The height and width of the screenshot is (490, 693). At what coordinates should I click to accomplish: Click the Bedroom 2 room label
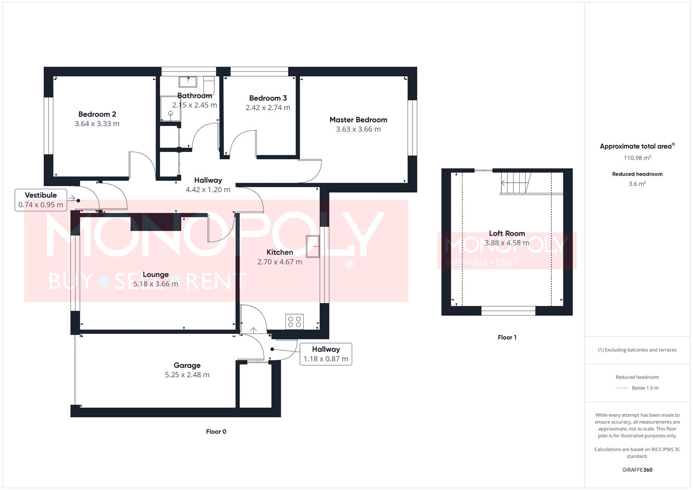pos(97,114)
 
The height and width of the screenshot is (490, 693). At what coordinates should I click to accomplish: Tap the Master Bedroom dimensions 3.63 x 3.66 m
pos(358,129)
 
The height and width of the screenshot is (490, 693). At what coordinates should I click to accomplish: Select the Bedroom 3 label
pos(268,98)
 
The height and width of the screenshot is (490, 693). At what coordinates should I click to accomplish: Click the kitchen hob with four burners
pos(295,322)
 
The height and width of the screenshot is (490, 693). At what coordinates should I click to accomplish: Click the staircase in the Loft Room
pos(516,183)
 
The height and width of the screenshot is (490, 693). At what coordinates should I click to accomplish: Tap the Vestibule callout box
pos(41,200)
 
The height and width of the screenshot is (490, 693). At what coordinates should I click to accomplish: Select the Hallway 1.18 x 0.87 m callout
pos(325,354)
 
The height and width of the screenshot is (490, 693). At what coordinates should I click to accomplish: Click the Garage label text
pos(187,365)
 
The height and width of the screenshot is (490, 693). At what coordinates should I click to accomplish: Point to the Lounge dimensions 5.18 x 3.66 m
pos(156,284)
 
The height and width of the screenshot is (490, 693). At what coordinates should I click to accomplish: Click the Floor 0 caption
pos(216,431)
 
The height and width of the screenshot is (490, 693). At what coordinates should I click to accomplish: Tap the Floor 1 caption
pos(507,337)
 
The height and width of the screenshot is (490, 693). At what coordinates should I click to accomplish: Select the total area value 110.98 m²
pos(637,158)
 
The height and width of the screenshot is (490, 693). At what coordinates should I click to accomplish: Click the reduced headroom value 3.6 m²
pos(637,184)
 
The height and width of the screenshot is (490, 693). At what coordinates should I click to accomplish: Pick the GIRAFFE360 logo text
pos(637,470)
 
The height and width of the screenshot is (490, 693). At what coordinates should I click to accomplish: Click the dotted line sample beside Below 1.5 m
pos(622,388)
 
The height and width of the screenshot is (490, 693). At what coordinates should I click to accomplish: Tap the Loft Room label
pos(507,233)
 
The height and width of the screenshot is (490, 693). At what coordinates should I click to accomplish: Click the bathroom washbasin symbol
pos(187,82)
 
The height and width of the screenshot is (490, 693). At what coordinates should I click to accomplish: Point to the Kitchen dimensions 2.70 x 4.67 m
pos(280,262)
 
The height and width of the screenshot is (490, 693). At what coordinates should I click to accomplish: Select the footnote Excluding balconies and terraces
pos(637,350)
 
